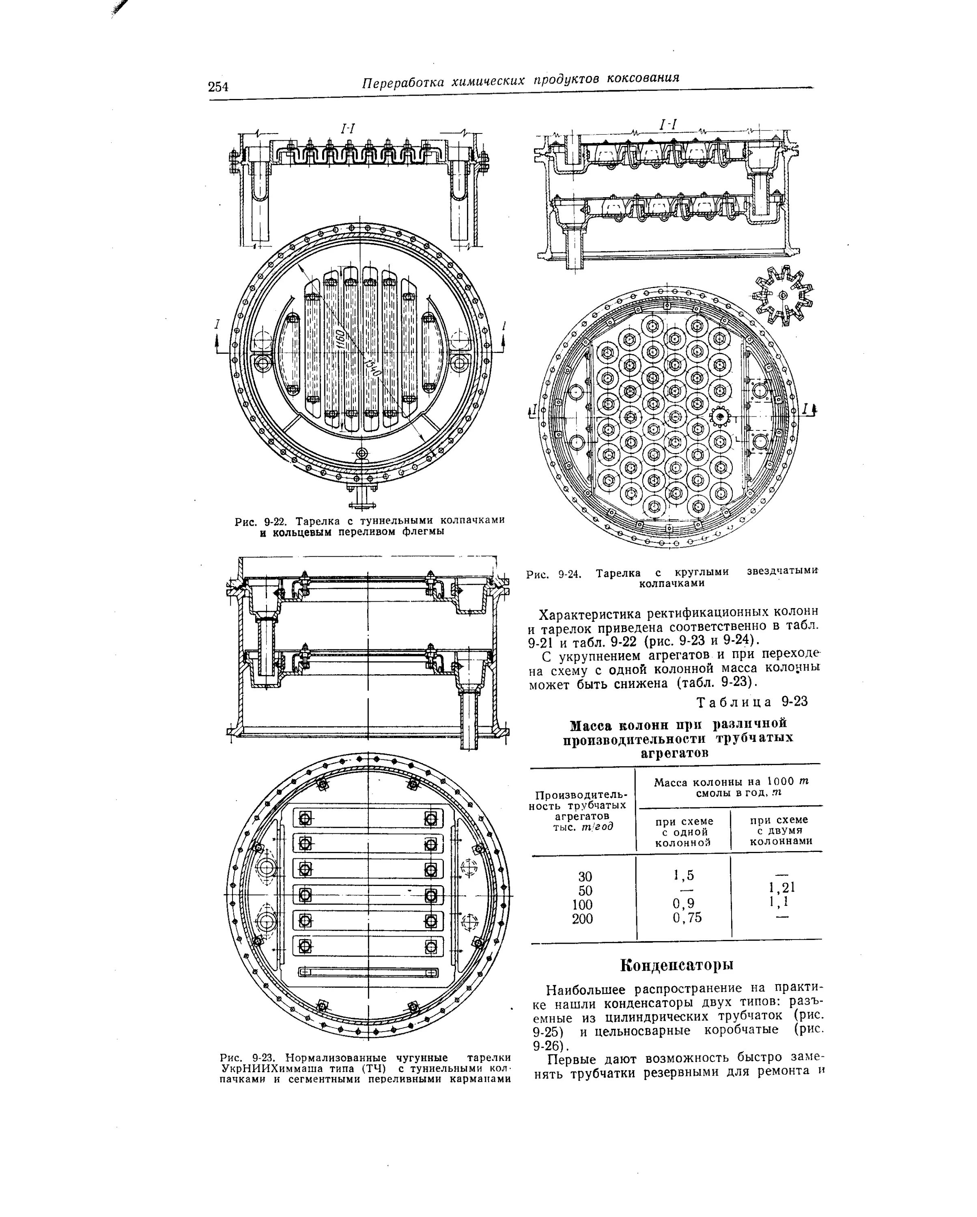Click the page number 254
[x=218, y=86]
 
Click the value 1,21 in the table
[x=782, y=888]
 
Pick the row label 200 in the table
[x=583, y=919]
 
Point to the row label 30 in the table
[x=585, y=876]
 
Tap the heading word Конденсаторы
[x=677, y=965]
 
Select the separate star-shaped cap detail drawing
[x=782, y=295]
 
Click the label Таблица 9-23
[x=752, y=702]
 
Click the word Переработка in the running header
[x=401, y=82]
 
